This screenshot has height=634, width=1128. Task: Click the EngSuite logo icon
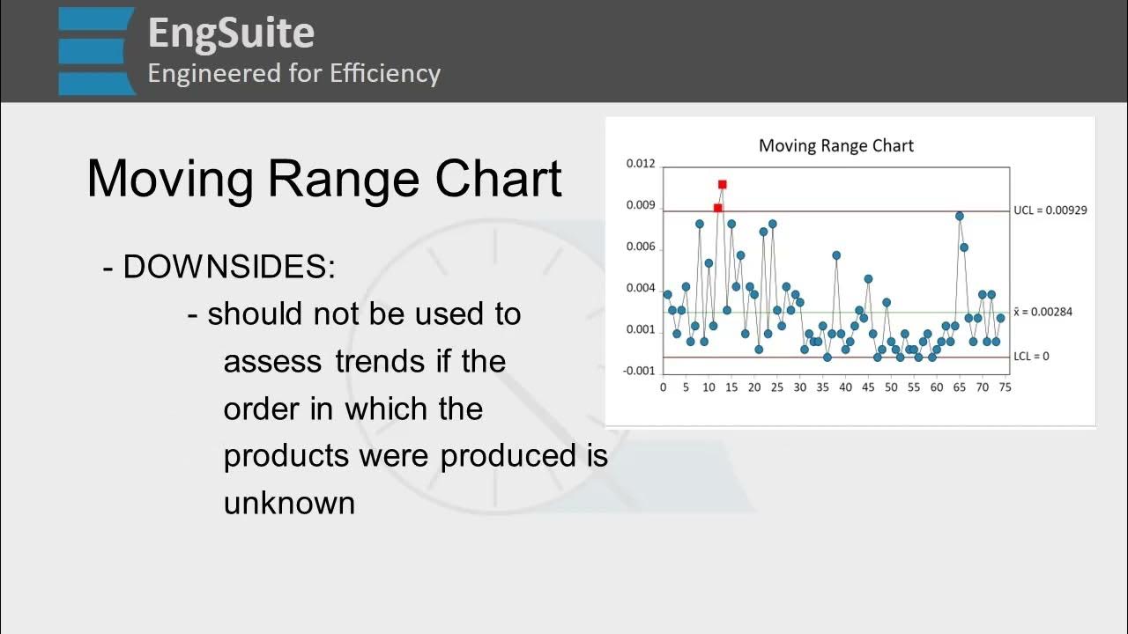coord(97,50)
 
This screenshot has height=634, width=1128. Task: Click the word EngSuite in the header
coord(231,33)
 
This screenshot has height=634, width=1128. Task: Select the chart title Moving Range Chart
coord(835,146)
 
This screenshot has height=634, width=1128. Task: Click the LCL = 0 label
coord(1031,357)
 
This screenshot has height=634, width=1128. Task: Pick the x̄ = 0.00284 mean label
coord(1043,312)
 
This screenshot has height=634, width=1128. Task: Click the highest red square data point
coord(722,185)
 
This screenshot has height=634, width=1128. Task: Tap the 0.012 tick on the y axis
coord(641,164)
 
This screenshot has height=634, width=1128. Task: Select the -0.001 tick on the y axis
coord(640,371)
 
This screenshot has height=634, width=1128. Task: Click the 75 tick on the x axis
coord(1005,387)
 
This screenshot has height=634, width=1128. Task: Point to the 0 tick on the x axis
coord(663,387)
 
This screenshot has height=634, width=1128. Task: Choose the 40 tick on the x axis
coord(845,387)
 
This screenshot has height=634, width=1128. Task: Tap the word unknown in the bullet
coord(289,503)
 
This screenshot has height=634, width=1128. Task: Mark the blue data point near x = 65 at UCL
coord(959,216)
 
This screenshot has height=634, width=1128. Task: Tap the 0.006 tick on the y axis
coord(641,247)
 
